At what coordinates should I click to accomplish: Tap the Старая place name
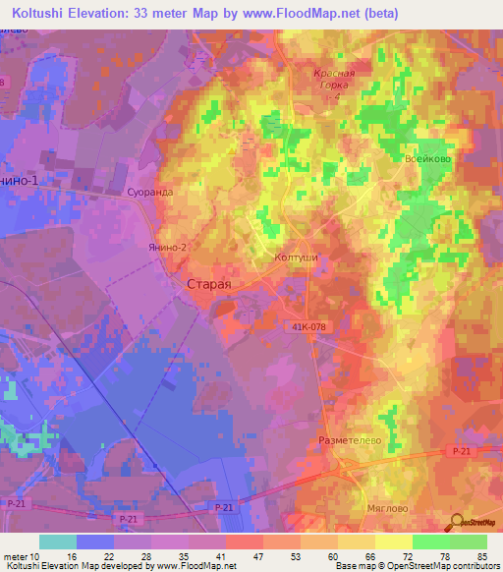[209, 283]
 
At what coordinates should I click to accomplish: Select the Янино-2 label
[167, 249]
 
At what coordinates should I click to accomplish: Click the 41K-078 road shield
[310, 327]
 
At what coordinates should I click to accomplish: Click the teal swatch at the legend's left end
[57, 542]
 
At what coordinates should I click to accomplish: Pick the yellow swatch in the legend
[393, 542]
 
